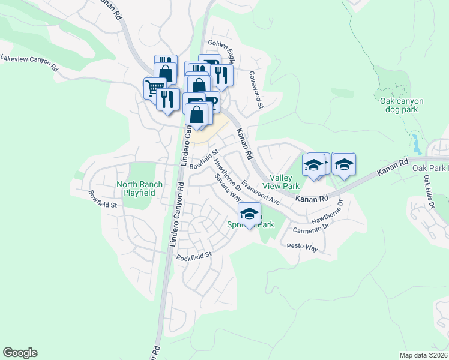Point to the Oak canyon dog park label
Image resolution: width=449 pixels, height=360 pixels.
(402, 106)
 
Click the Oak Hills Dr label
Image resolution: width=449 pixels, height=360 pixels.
(428, 192)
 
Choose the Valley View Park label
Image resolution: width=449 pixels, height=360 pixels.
(285, 182)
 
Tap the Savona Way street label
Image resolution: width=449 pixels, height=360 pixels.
(229, 189)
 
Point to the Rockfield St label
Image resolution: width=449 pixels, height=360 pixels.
(194, 256)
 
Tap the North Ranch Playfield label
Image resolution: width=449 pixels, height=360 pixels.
(136, 188)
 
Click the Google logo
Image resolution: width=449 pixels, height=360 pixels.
(20, 353)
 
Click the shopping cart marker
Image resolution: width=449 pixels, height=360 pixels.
(155, 88)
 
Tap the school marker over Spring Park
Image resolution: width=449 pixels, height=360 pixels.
(250, 214)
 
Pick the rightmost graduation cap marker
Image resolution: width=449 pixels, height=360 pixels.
(343, 164)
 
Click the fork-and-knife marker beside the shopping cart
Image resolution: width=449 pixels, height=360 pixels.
(167, 98)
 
